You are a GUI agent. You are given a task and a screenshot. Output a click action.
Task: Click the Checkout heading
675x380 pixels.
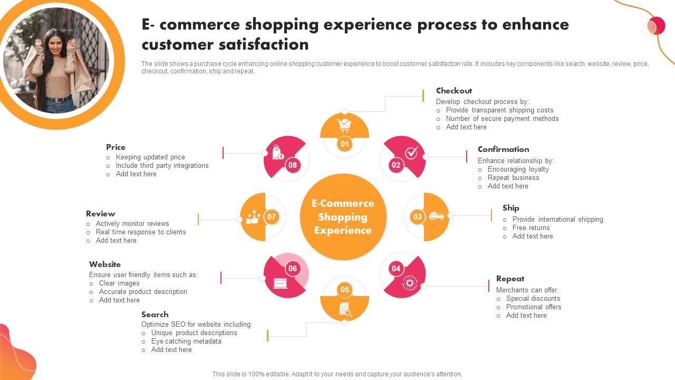pos(454,91)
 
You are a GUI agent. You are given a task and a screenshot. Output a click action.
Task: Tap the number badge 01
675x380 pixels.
pos(344,144)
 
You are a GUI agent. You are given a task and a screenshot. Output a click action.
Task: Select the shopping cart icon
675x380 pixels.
pos(344,125)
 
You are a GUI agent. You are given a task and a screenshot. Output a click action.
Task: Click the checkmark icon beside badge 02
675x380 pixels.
pos(412,153)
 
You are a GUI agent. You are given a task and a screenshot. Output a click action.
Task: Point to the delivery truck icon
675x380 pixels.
pos(436,216)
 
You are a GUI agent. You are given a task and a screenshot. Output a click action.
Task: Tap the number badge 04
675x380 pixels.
pos(396,268)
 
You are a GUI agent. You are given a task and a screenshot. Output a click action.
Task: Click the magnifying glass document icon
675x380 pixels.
pos(344,309)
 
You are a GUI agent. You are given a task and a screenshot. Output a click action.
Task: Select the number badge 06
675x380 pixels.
pos(293,268)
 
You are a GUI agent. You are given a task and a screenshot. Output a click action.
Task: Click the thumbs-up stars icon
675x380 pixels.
pos(253,217)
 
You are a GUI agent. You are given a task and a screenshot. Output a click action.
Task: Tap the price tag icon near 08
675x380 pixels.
pos(278,154)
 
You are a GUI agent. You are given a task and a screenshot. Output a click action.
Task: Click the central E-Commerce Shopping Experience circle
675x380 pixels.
pos(343,217)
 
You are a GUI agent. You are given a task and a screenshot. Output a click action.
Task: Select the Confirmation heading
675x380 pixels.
pos(503,149)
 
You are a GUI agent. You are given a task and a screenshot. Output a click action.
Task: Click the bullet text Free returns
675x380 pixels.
pos(531,228)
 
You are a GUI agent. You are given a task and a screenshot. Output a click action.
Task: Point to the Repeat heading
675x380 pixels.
pos(510,279)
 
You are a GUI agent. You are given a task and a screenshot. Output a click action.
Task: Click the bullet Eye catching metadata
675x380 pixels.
pos(186,341)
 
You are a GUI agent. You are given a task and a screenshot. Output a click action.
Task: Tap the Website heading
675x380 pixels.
pos(105,264)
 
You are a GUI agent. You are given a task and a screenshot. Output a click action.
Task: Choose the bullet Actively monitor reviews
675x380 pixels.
pos(132,224)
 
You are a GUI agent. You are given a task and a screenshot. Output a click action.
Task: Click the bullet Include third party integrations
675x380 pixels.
pos(162,166)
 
